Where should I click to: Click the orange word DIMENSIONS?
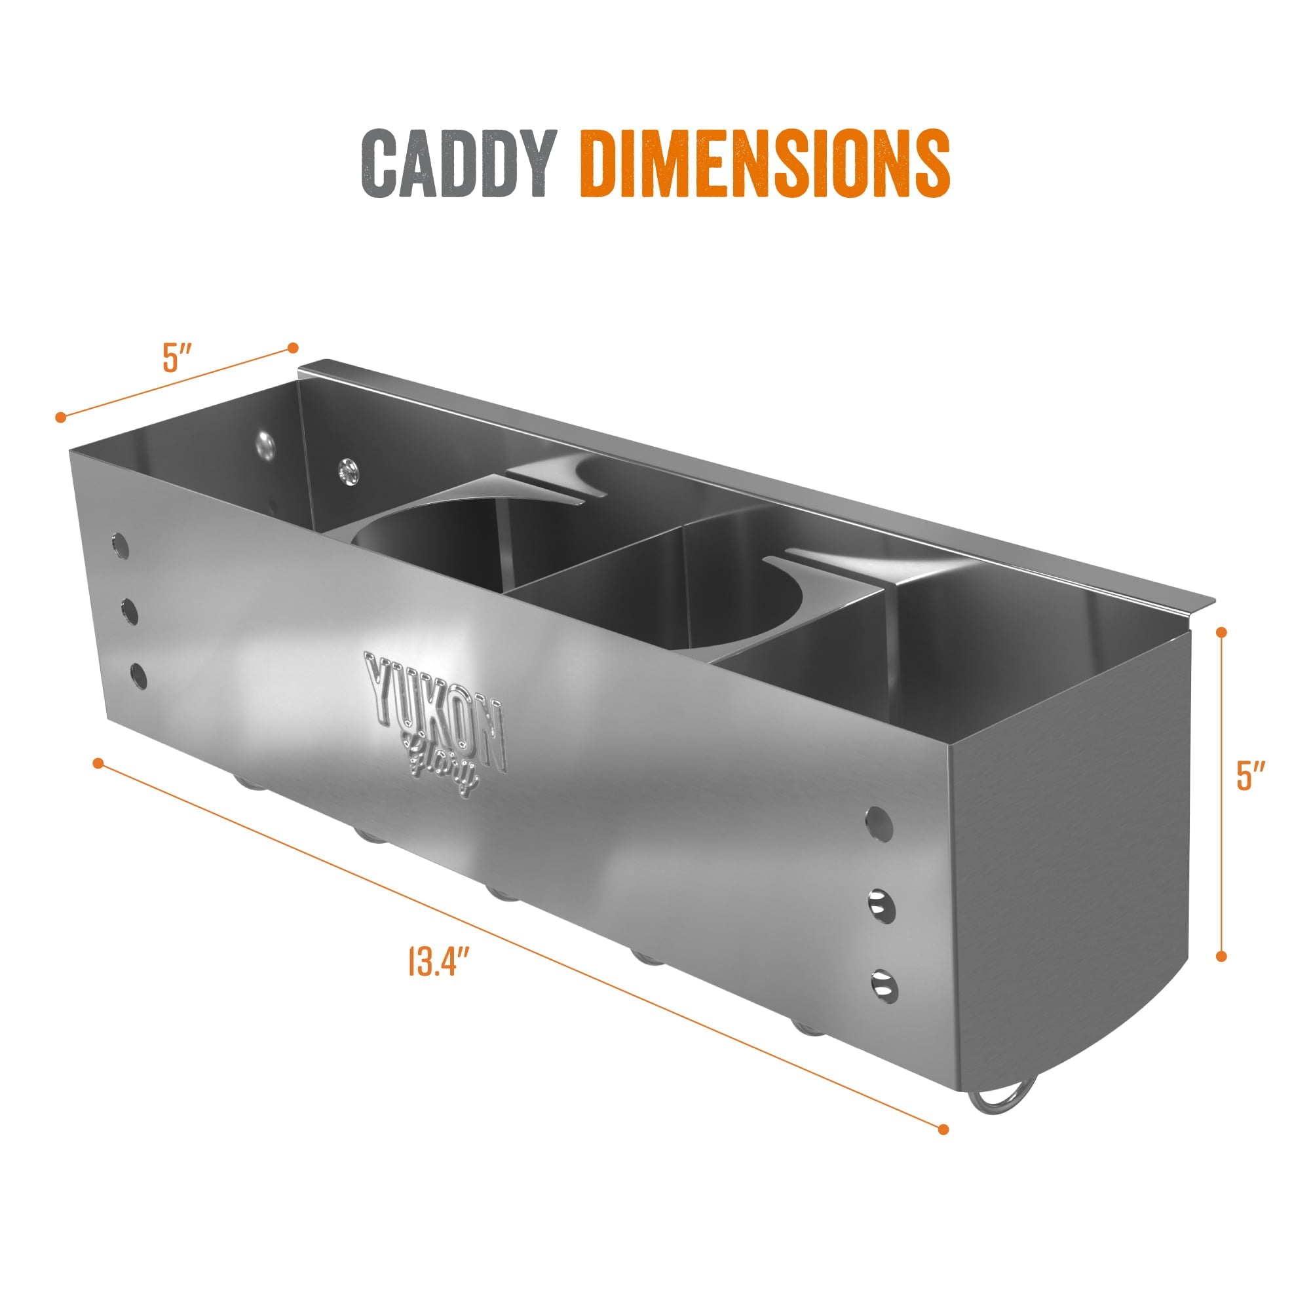[764, 164]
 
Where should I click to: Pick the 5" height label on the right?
[1251, 776]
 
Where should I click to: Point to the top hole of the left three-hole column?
[120, 546]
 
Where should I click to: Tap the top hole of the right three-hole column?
[879, 824]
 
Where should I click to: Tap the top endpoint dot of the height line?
[1222, 632]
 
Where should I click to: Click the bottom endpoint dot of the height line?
[1221, 957]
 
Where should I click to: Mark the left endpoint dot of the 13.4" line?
[98, 763]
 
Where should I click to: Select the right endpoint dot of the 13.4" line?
[943, 1130]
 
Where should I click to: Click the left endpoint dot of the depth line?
[61, 417]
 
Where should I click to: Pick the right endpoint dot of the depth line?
[293, 348]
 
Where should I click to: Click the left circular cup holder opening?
[434, 543]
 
